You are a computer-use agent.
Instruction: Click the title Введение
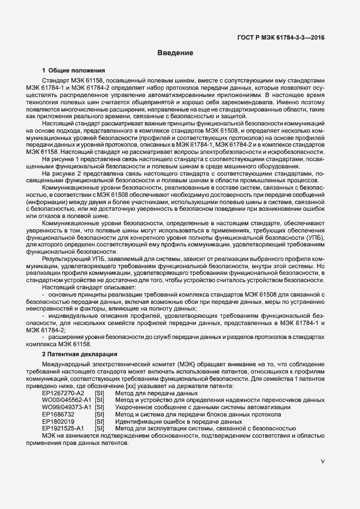point(175,54)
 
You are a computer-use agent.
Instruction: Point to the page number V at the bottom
point(323,462)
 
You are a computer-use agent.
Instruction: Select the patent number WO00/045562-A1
point(67,400)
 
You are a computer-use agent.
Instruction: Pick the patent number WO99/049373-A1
point(67,408)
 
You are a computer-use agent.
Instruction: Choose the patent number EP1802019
point(58,422)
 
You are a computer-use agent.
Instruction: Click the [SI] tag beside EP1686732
point(100,415)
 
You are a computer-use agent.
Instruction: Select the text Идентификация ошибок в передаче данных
point(171,422)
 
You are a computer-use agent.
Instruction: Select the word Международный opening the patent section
point(67,365)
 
